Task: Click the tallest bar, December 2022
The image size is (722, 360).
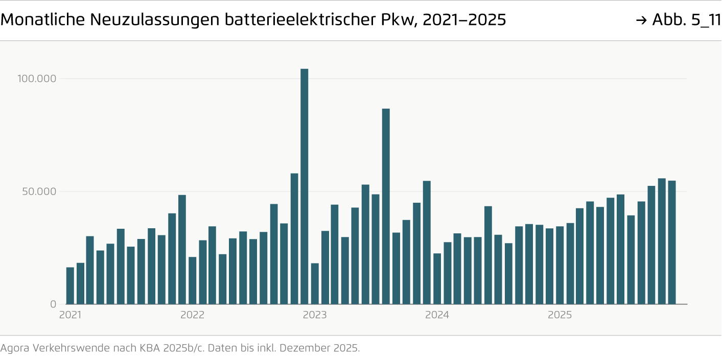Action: coord(304,186)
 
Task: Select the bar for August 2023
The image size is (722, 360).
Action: coord(386,206)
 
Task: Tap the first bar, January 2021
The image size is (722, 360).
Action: coord(70,285)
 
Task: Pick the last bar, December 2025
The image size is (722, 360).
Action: coord(672,243)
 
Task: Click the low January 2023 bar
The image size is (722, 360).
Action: coord(315,283)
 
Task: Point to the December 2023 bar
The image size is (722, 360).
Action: coord(427,243)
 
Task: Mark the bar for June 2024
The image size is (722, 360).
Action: coord(488,255)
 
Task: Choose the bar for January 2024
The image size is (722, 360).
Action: coord(437,278)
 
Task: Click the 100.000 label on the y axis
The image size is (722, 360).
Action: coord(37,79)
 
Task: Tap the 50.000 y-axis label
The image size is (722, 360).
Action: coord(39,191)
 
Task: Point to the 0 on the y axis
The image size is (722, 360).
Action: coord(53,304)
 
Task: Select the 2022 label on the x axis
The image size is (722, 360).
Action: coord(192,315)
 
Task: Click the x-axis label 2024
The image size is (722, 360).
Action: coord(437,315)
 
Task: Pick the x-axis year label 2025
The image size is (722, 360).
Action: coord(560,315)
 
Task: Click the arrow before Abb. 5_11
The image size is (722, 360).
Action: coord(642,20)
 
